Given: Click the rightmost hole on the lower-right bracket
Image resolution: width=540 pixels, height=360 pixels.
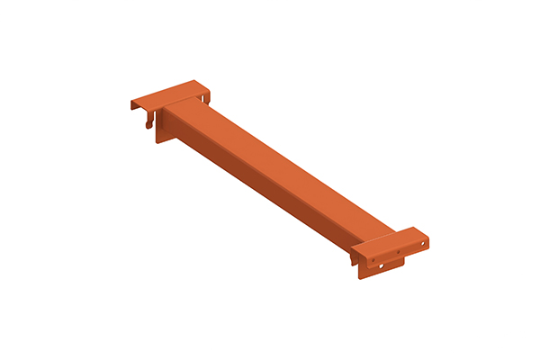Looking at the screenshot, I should (422, 243).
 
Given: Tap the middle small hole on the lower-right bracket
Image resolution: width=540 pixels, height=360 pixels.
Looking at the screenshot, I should (398, 252).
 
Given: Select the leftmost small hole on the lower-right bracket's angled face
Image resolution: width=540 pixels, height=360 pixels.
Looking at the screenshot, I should (373, 260).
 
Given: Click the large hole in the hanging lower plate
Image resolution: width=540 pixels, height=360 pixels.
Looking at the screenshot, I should (381, 265).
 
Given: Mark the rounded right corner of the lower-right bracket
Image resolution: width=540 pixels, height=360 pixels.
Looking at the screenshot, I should (427, 238).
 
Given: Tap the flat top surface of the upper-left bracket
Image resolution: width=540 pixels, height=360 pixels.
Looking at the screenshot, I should (171, 96).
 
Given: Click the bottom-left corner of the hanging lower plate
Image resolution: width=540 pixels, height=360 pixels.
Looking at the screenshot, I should (360, 278).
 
